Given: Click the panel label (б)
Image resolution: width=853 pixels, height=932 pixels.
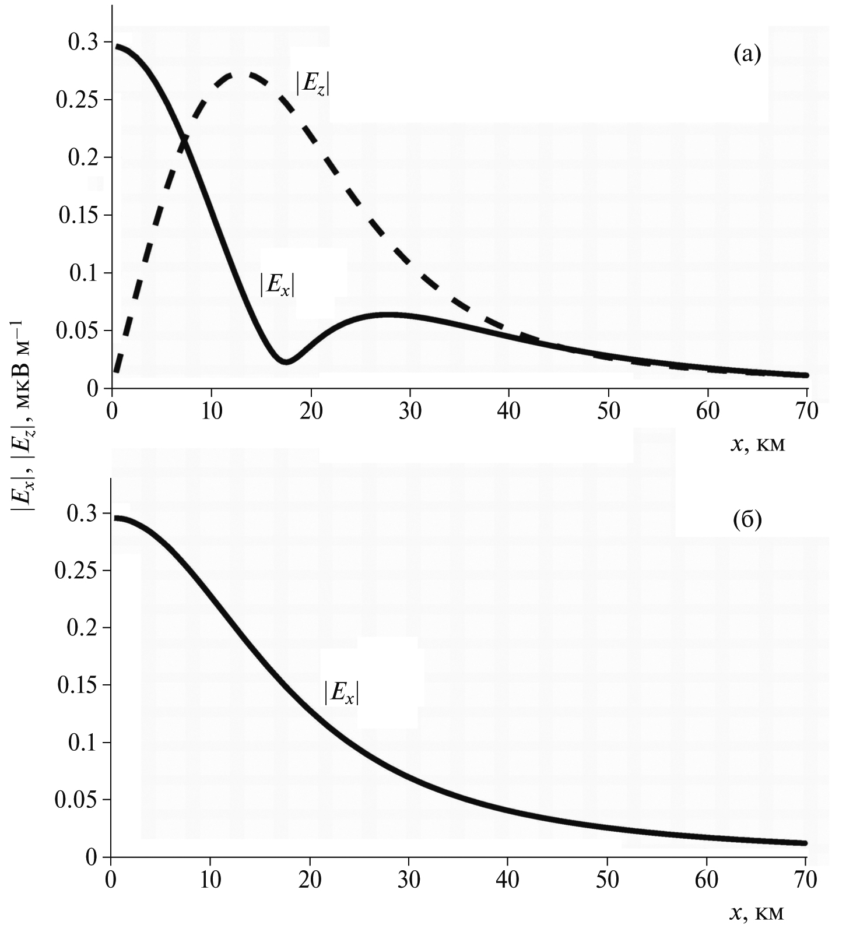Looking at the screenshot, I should (x=747, y=520).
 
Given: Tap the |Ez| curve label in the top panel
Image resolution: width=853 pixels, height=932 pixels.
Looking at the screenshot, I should (x=313, y=84).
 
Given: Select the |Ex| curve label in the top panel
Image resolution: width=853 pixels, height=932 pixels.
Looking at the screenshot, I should (x=278, y=285).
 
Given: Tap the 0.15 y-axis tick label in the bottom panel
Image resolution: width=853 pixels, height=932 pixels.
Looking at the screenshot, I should (x=76, y=685).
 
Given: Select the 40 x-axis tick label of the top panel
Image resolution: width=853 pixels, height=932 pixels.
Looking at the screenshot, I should (x=509, y=411).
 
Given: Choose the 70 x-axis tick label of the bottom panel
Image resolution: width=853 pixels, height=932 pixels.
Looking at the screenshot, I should (x=805, y=879).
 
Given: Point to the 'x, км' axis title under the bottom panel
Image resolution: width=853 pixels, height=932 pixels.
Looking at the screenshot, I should (x=757, y=912).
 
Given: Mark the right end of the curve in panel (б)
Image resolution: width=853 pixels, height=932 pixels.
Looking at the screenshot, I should (x=805, y=843).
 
